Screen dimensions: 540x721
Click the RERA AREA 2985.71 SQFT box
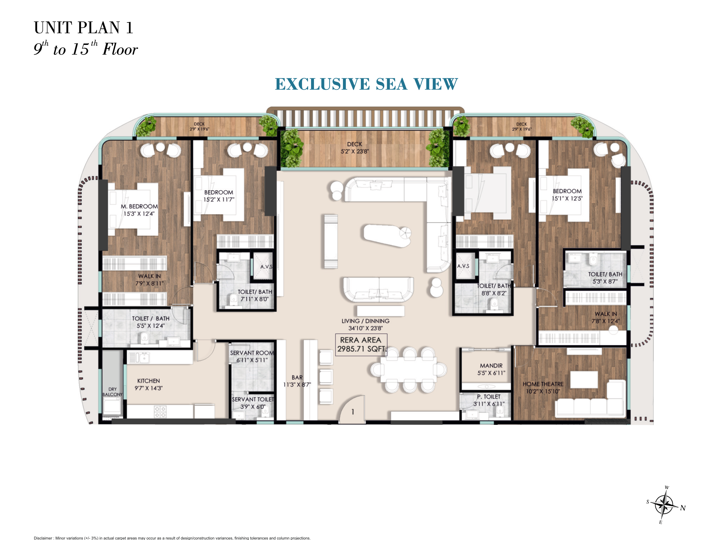pyautogui.click(x=361, y=344)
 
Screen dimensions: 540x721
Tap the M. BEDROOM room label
pyautogui.click(x=139, y=206)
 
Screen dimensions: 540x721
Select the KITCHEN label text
pyautogui.click(x=148, y=381)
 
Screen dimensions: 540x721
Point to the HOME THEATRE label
pyautogui.click(x=543, y=384)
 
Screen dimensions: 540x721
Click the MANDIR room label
pyautogui.click(x=491, y=366)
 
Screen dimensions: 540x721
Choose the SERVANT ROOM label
pyautogui.click(x=252, y=353)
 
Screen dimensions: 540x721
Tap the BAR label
pyautogui.click(x=297, y=377)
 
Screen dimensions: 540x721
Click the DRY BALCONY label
pyautogui.click(x=113, y=392)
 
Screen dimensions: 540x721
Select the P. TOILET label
pyautogui.click(x=489, y=397)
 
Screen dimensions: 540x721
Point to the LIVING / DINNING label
pyautogui.click(x=365, y=321)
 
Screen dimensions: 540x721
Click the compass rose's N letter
pyautogui.click(x=683, y=508)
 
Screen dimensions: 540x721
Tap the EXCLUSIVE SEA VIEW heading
pyautogui.click(x=366, y=84)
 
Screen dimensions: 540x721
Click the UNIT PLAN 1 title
pyautogui.click(x=83, y=28)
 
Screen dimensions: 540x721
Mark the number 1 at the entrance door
pyautogui.click(x=353, y=412)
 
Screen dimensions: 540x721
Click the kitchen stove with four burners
pyautogui.click(x=160, y=412)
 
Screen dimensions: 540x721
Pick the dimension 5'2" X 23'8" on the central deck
pyautogui.click(x=355, y=151)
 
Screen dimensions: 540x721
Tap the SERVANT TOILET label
pyautogui.click(x=253, y=399)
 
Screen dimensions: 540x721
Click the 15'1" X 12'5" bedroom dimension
pyautogui.click(x=567, y=198)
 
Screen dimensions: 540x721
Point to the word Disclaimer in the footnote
pyautogui.click(x=43, y=538)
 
